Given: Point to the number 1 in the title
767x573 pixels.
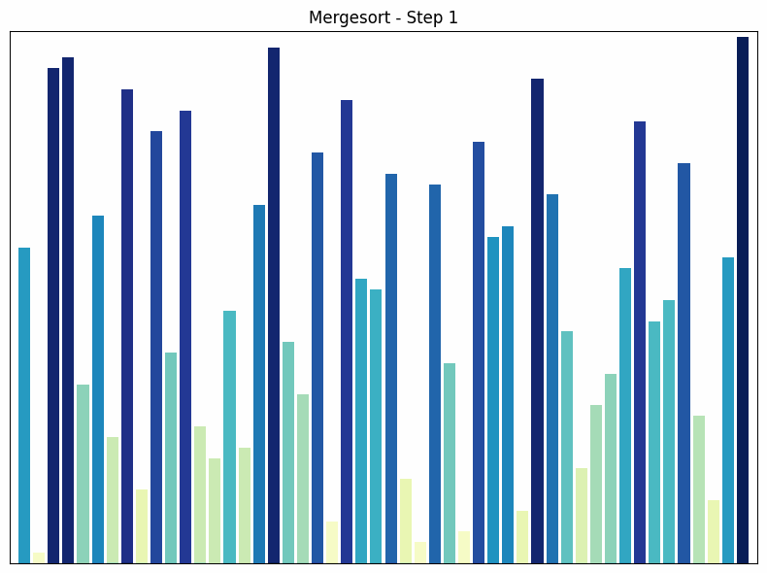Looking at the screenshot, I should tap(452, 17).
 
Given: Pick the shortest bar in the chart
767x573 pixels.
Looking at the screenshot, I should tap(39, 557).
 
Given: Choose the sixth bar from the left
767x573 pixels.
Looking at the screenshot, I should tap(98, 388).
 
